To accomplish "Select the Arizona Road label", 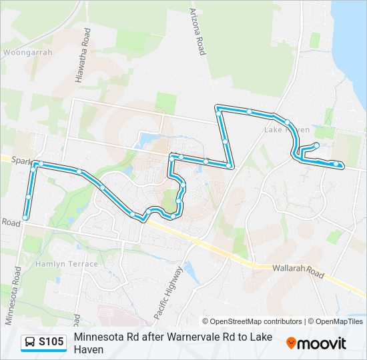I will point(198,31).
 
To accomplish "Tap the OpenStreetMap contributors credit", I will point(252,321).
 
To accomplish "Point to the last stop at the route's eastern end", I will point(341,165).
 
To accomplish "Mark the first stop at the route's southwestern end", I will point(25,217).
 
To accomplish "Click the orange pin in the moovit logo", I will point(291,343).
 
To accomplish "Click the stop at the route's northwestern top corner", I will point(218,107).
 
